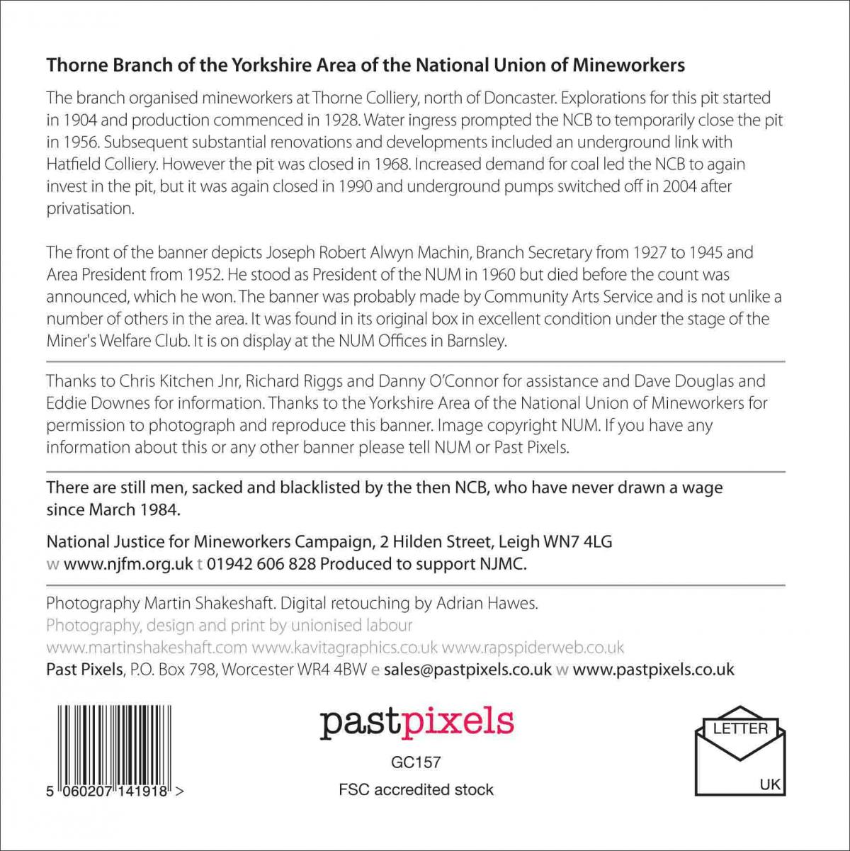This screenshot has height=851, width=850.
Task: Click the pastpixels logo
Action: pyautogui.click(x=416, y=722)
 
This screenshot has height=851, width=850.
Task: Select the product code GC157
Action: pyautogui.click(x=416, y=762)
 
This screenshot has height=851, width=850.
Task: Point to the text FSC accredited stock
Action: pyautogui.click(x=416, y=789)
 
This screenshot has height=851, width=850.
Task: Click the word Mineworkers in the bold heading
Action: pyautogui.click(x=628, y=66)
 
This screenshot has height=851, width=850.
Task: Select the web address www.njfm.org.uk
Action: pyautogui.click(x=128, y=564)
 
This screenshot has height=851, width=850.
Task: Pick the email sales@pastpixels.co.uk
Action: pyautogui.click(x=467, y=669)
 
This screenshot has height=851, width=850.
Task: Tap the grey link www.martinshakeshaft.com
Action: pyautogui.click(x=147, y=648)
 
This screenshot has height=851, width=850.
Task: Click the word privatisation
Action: pyautogui.click(x=90, y=208)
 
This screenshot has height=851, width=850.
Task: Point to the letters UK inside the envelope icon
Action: pyautogui.click(x=770, y=784)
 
